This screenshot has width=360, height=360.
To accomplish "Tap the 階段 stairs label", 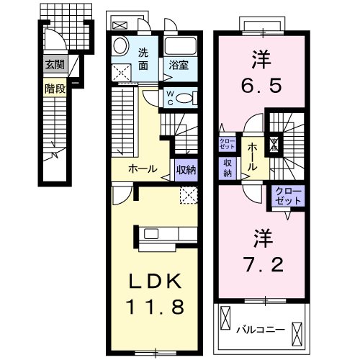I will tap(53, 89).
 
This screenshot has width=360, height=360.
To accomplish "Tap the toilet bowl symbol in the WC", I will tap(185, 98).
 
